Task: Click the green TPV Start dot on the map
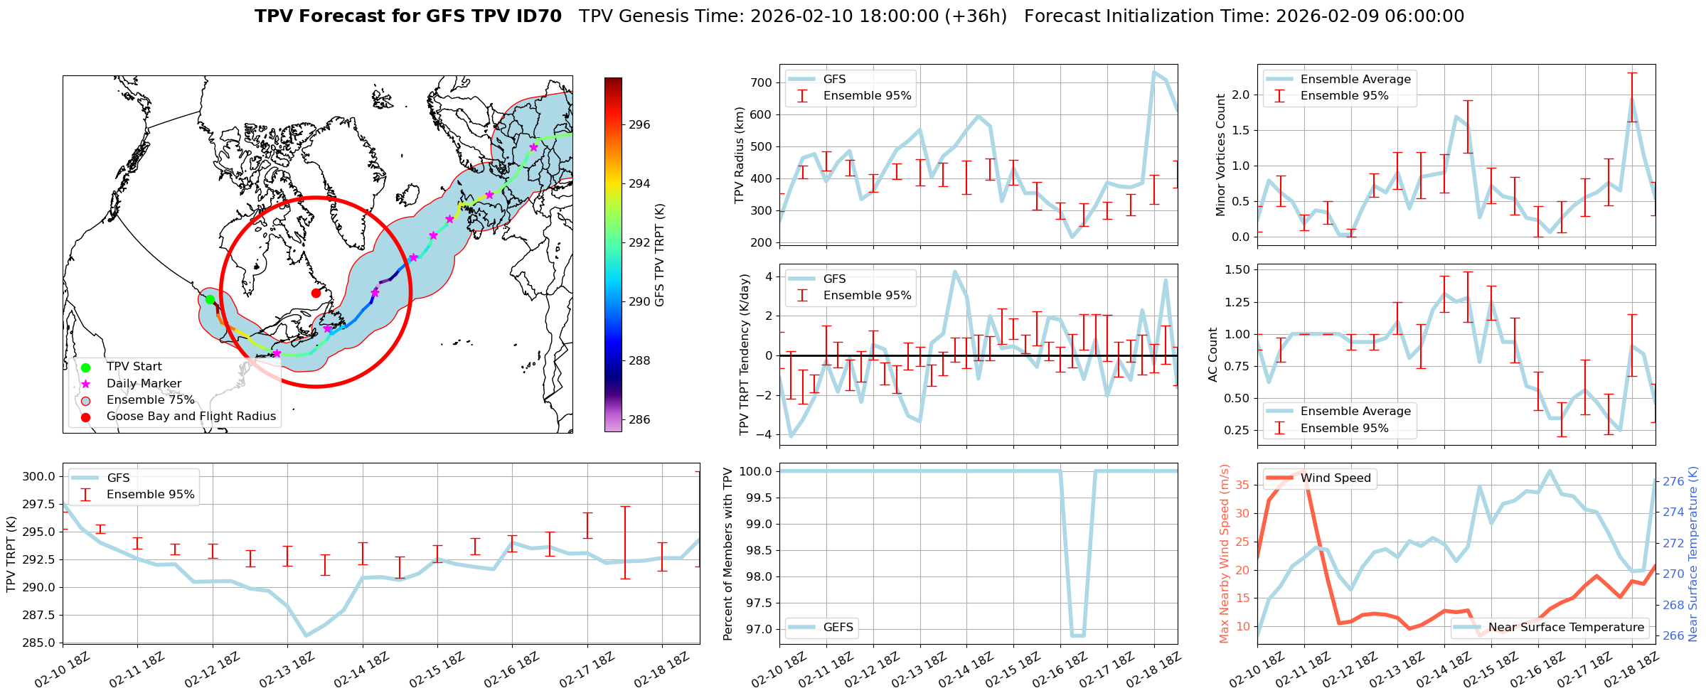210,299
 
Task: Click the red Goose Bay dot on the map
316,293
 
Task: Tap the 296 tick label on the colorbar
639,124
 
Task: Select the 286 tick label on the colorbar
639,419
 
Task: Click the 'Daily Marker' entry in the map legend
144,383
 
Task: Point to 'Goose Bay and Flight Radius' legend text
191,416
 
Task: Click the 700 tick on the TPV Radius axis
762,82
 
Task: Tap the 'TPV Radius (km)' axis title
740,155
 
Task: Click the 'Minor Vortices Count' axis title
1220,155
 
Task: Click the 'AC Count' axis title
1213,354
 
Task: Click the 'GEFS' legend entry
838,627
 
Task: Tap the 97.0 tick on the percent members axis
757,629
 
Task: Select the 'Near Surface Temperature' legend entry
1566,627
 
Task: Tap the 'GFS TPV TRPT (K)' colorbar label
659,255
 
